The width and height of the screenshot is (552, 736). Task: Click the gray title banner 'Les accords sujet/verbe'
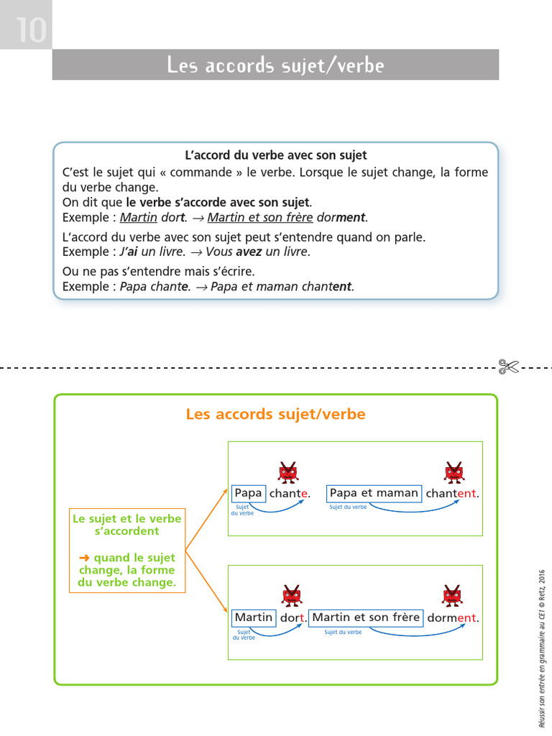coord(275,65)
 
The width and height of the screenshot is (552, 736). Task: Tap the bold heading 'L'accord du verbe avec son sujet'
coord(276,155)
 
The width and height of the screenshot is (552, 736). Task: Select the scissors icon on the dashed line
coord(507,367)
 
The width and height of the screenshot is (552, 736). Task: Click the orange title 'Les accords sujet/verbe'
coord(275,415)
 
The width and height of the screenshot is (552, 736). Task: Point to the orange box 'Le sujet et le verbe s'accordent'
coord(126,550)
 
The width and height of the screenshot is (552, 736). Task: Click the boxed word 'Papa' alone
coord(249,493)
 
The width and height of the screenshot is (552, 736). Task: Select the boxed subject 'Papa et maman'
coord(374,493)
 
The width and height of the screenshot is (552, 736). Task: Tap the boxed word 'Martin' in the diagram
coord(254,617)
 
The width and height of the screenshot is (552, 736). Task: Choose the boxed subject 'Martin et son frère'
coord(366,617)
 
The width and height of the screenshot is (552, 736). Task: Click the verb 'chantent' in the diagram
coord(451,494)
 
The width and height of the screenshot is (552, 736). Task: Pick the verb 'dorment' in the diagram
coord(452,618)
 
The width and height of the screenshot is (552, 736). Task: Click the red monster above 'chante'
coord(288,471)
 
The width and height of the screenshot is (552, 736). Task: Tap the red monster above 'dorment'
coord(452,596)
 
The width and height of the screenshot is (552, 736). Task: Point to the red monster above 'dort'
coord(291,596)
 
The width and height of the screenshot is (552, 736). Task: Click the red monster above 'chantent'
coord(454,471)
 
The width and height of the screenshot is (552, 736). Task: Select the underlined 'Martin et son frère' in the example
coord(260,217)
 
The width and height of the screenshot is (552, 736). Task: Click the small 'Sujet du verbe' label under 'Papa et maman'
coord(348,507)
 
